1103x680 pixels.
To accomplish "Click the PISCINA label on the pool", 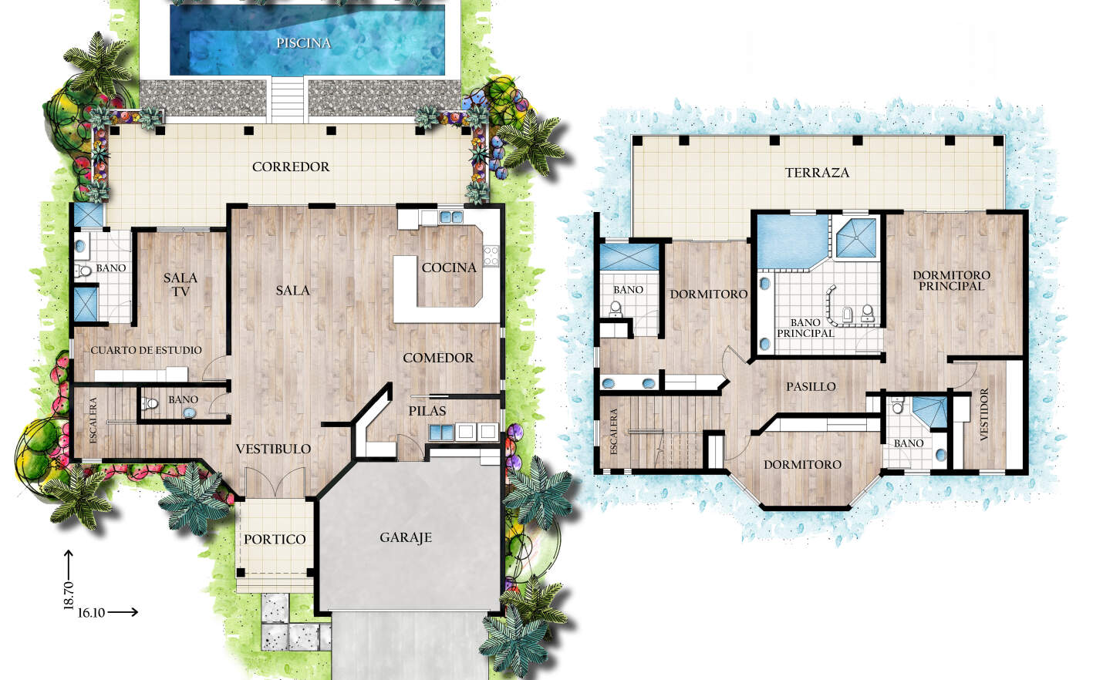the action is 303,43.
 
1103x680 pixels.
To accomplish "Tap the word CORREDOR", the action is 291,167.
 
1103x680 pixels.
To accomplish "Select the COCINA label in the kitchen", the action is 449,268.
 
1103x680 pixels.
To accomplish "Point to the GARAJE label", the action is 406,537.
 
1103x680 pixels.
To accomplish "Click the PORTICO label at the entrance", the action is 275,539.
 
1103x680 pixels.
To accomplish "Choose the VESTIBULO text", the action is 273,449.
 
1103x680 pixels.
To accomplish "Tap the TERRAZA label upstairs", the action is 817,173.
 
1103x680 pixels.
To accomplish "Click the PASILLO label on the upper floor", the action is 811,387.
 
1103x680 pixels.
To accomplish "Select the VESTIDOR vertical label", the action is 984,414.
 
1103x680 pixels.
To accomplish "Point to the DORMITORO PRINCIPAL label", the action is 951,281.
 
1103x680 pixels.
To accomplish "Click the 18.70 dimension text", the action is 69,595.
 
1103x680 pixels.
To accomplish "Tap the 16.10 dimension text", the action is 91,613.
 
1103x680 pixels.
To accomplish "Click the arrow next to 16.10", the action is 123,612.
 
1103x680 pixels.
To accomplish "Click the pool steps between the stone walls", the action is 288,99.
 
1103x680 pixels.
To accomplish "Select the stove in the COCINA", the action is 491,256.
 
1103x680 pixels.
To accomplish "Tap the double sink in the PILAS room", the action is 440,433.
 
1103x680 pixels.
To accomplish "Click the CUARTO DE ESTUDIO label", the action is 147,350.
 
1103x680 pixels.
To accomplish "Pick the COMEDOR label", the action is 438,358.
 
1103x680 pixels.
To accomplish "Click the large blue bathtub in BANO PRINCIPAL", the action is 792,241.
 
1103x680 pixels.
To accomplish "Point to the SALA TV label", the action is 180,285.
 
